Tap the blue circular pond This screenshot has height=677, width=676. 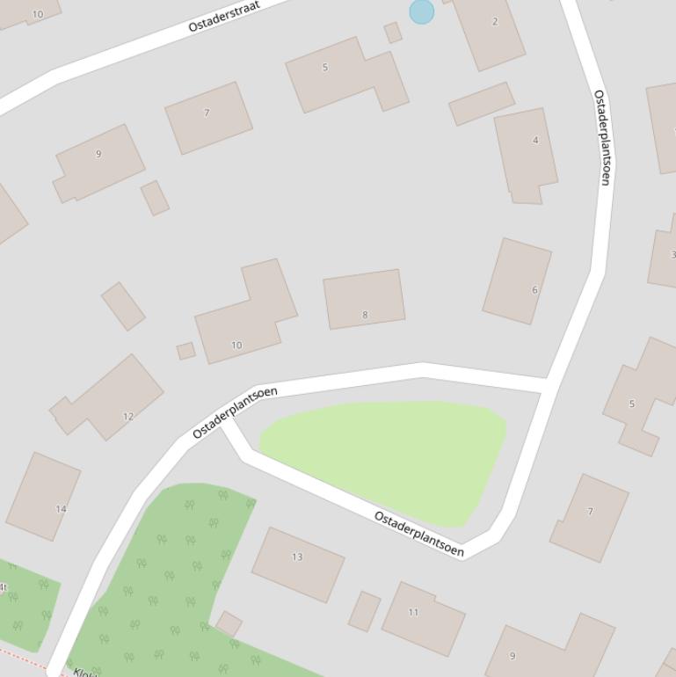coord(421,11)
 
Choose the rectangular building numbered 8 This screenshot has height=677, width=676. coord(364,299)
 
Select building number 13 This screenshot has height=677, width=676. coord(298,564)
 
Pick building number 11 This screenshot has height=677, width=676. coord(422,618)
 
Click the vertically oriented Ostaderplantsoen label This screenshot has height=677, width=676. coord(602,137)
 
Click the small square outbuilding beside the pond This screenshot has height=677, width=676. coord(393,33)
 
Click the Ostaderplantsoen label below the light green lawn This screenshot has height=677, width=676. coord(419,533)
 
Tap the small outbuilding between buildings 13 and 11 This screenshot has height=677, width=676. coord(364,611)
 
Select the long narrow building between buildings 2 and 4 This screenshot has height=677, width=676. coord(481,104)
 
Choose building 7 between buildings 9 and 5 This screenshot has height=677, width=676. coord(208,118)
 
